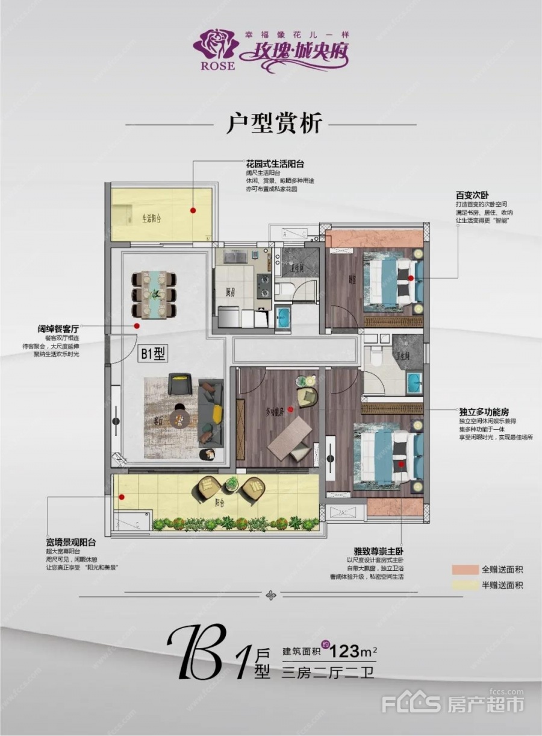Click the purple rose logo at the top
tap(214, 45)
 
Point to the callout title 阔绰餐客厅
tap(58, 330)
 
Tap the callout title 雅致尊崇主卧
tap(379, 551)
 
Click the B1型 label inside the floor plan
tap(152, 354)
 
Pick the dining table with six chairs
tap(154, 294)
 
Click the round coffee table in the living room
tap(179, 417)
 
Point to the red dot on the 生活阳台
tap(193, 210)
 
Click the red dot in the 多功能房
tap(290, 409)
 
